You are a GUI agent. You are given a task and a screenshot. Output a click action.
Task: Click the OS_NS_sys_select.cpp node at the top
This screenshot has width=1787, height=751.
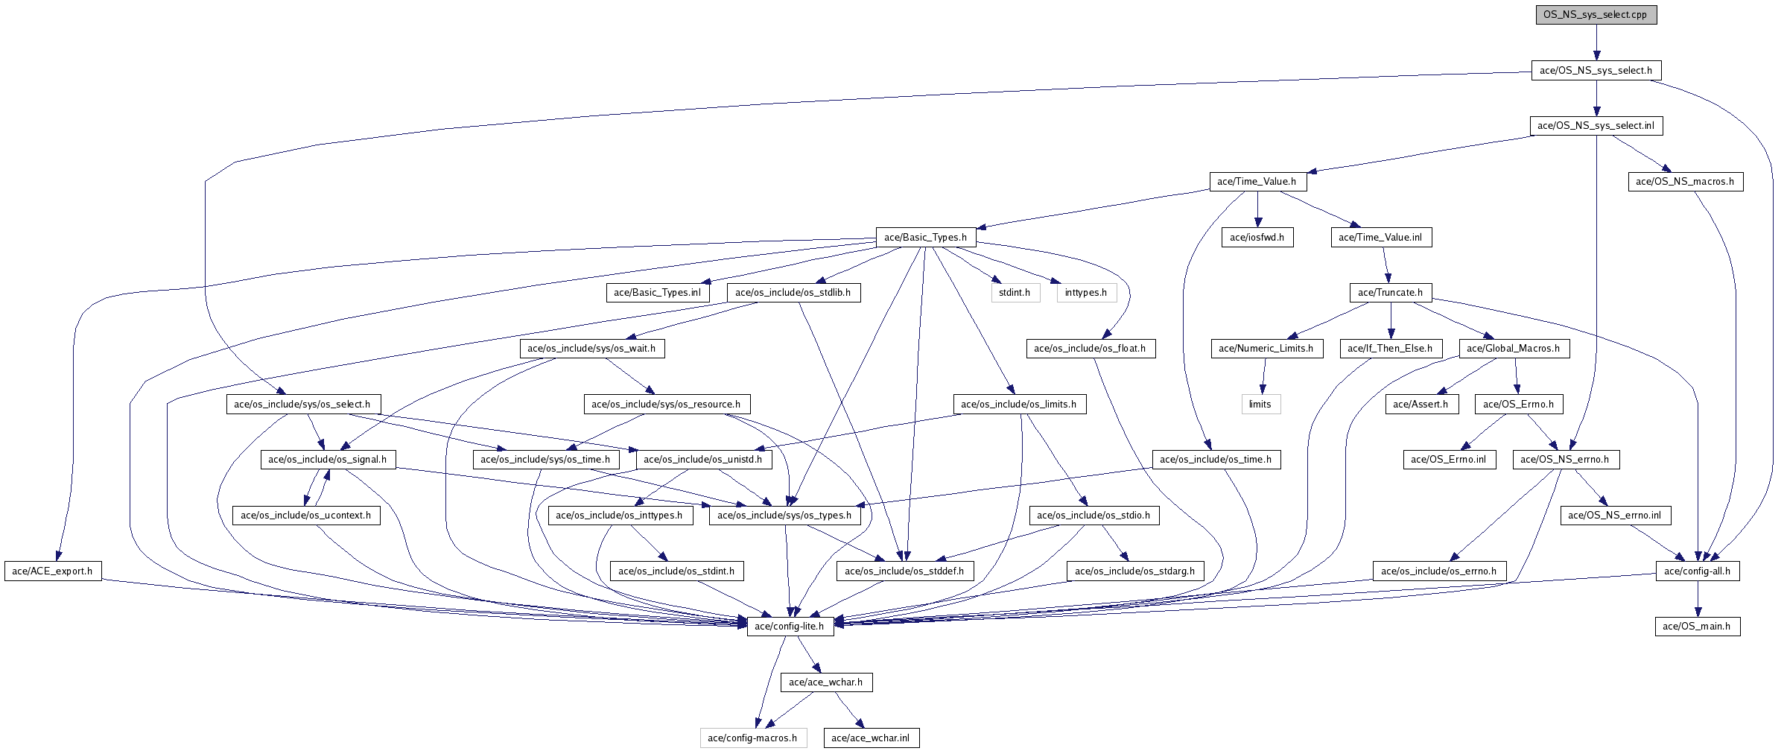(x=1596, y=15)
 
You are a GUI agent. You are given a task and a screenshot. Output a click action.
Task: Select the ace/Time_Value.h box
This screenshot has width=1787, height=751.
(x=1256, y=182)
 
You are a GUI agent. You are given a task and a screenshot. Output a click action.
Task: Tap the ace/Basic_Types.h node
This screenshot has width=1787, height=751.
(x=925, y=238)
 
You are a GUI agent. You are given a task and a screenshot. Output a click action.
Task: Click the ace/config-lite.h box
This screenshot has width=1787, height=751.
(x=789, y=627)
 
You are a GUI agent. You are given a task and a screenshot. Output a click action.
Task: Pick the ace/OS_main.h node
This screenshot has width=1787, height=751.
(x=1696, y=627)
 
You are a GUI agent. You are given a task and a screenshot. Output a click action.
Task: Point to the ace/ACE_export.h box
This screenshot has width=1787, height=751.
(x=52, y=571)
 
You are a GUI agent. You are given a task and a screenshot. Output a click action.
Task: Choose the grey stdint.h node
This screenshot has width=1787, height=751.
(x=1015, y=293)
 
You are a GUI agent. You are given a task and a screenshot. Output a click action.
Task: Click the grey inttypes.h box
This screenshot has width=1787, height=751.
(x=1085, y=293)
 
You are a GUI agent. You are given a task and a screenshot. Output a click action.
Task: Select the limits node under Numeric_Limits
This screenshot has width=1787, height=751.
(x=1260, y=405)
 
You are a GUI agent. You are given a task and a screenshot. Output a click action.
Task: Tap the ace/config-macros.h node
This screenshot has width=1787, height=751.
(x=752, y=738)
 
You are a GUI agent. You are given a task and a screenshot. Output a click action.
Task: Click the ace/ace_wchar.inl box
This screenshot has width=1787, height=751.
(x=870, y=738)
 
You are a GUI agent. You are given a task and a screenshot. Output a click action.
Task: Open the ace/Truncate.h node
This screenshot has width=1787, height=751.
(x=1390, y=293)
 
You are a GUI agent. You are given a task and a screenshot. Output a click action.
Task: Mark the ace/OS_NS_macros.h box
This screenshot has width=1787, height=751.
(x=1684, y=182)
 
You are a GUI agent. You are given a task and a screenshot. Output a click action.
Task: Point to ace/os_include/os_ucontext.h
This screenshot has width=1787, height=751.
(x=305, y=516)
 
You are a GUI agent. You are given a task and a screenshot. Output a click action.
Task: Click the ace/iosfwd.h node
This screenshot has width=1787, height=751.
(x=1257, y=238)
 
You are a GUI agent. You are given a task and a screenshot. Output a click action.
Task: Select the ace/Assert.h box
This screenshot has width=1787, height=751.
(x=1421, y=405)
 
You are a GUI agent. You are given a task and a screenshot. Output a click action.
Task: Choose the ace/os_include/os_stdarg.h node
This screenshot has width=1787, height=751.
(x=1134, y=571)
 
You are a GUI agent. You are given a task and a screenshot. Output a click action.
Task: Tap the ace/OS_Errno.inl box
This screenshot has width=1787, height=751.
(x=1448, y=460)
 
